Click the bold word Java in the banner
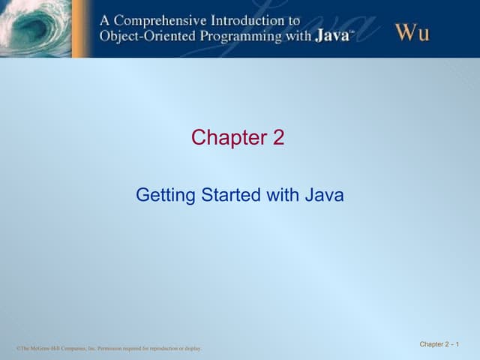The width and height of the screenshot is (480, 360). (x=331, y=37)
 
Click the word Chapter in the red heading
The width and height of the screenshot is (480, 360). (x=223, y=138)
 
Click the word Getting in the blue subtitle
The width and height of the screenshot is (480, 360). (x=160, y=196)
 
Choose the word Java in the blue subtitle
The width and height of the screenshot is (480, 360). (x=323, y=196)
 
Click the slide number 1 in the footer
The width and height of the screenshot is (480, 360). (x=456, y=344)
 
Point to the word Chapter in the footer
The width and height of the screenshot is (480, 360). (x=431, y=344)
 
